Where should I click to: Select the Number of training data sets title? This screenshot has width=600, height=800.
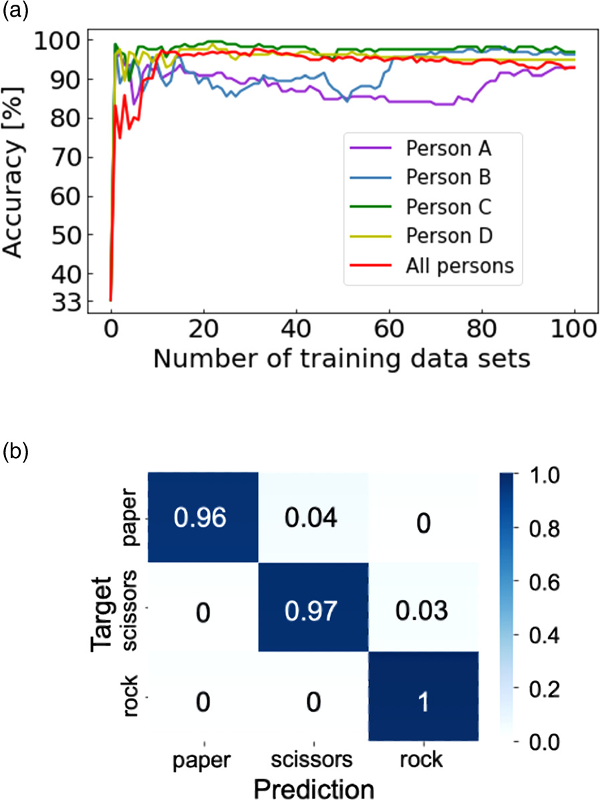coord(341,359)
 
